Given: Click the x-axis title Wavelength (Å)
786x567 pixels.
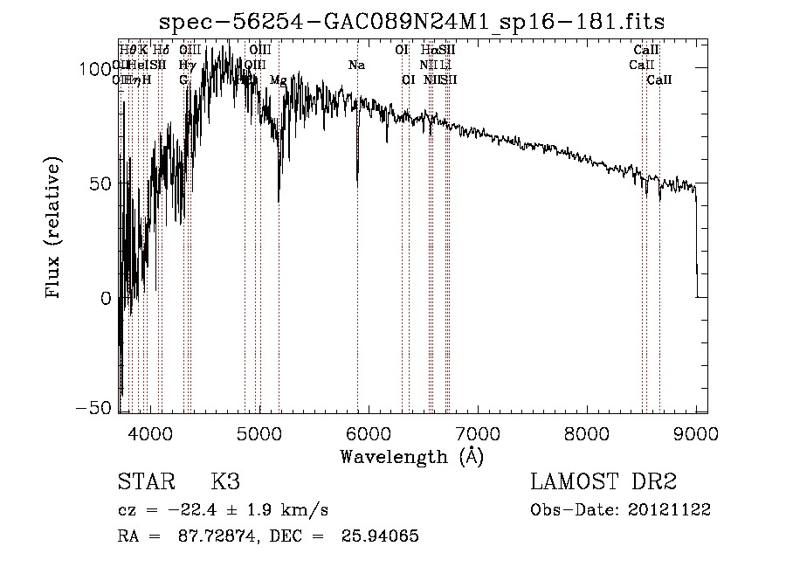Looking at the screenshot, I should [411, 455].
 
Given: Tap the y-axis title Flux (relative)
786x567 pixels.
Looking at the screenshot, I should [54, 229].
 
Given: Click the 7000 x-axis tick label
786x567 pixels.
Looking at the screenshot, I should [478, 433].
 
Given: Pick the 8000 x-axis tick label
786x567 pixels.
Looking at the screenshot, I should [587, 433].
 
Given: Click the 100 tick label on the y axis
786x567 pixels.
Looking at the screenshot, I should [98, 68].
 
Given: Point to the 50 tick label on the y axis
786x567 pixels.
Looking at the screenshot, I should [103, 183].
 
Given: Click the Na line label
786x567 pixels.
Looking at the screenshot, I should [356, 66].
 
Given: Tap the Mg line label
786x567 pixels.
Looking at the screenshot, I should [278, 80].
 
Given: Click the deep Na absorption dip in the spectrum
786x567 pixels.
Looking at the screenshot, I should [357, 179].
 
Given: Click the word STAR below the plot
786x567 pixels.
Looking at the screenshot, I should [145, 481].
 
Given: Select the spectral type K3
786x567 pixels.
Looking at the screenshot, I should [225, 481].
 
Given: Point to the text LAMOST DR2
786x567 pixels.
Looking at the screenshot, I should [603, 481].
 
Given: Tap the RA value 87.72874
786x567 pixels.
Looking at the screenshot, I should [215, 536].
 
